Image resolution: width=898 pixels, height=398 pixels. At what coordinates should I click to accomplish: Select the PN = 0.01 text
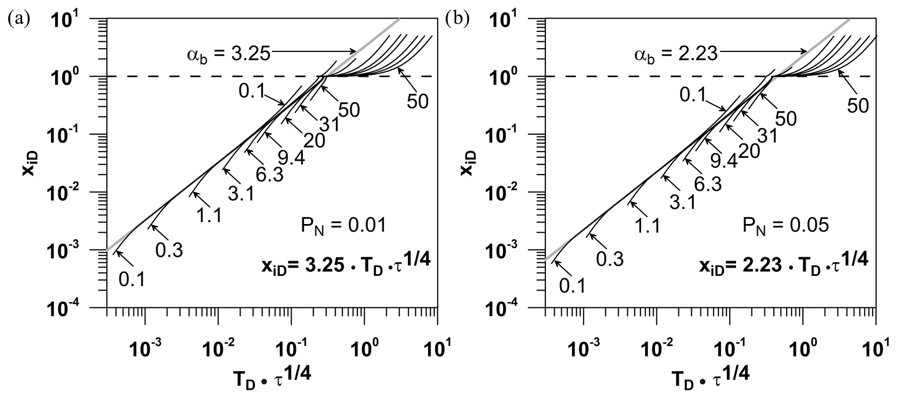click(x=343, y=226)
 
